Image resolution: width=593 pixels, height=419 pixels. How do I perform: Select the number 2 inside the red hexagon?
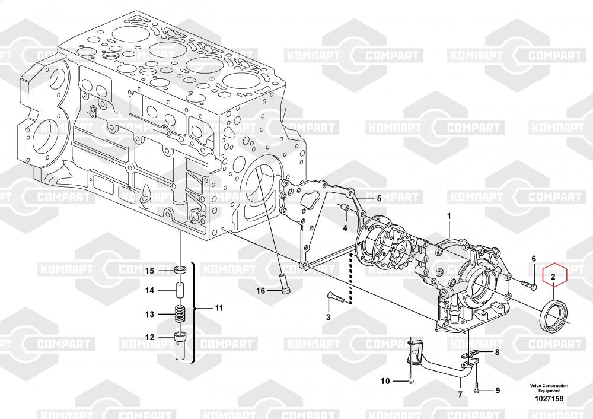pos(552,277)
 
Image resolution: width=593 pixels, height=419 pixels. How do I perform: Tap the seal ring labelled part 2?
pos(552,315)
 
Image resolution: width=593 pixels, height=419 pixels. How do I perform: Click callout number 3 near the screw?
pos(328,317)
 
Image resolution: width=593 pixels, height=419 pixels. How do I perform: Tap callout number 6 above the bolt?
pos(533,258)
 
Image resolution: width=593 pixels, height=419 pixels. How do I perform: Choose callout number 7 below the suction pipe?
pos(460,394)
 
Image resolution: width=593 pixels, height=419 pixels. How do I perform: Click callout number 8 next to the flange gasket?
pos(497,353)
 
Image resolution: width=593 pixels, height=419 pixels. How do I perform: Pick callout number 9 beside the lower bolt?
pos(497,390)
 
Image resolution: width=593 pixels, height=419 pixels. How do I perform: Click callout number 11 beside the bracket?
pos(219,308)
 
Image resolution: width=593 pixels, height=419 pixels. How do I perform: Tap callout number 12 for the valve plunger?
pos(150,337)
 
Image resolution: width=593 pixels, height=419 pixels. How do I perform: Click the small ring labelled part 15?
pos(180,271)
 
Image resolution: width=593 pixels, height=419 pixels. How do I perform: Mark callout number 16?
pos(260,290)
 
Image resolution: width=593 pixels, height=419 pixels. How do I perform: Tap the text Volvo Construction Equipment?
pos(549,388)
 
